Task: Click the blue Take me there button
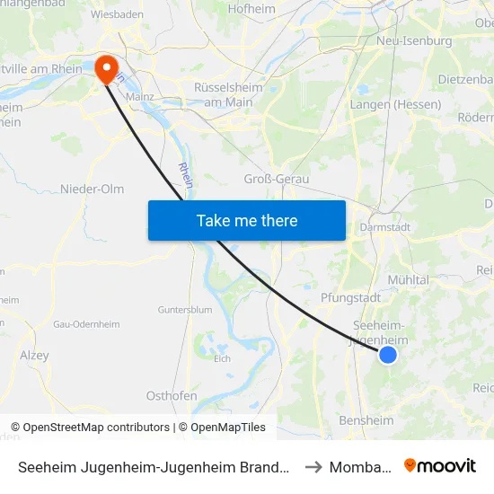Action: [247, 220]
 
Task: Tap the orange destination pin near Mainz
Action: [105, 66]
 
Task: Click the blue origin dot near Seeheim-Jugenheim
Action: [388, 355]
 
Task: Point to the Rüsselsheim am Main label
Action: [227, 93]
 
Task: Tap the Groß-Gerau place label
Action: [277, 179]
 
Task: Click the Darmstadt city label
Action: [385, 227]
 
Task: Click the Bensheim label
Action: [366, 420]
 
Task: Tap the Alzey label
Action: [34, 356]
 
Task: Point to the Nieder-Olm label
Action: [92, 189]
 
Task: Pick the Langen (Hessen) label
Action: [395, 105]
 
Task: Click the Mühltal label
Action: [408, 279]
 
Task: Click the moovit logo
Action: [440, 466]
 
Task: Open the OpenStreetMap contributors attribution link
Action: [96, 428]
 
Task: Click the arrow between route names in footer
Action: [313, 467]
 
